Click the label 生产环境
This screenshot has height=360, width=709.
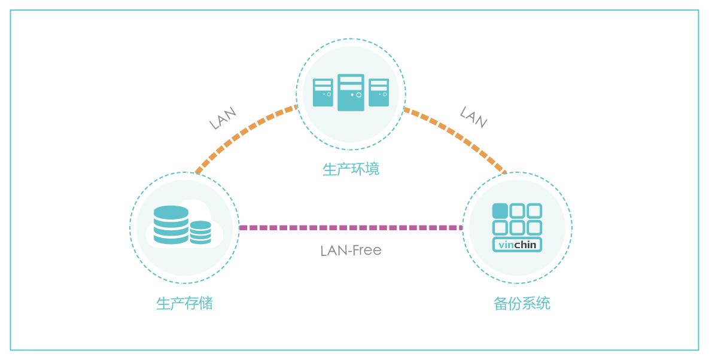pyautogui.click(x=351, y=169)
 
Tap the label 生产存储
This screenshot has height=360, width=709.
pyautogui.click(x=184, y=304)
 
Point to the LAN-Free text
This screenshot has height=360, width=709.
pyautogui.click(x=351, y=250)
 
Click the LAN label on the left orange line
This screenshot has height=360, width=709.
pyautogui.click(x=223, y=118)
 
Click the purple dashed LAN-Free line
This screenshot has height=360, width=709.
pyautogui.click(x=351, y=228)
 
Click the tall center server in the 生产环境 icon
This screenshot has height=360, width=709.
pyautogui.click(x=351, y=92)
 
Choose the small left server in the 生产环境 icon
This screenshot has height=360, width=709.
pyautogui.click(x=323, y=93)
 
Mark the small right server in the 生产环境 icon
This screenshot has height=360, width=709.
pyautogui.click(x=379, y=93)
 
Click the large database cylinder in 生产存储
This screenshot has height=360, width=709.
pyautogui.click(x=171, y=225)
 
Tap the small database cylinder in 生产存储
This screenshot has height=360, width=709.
pyautogui.click(x=200, y=232)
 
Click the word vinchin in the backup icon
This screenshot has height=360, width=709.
pyautogui.click(x=517, y=244)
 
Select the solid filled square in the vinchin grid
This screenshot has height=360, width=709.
pyautogui.click(x=500, y=211)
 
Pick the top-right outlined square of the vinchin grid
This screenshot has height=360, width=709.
pyautogui.click(x=534, y=211)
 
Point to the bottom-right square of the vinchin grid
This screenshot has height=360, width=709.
pyautogui.click(x=534, y=228)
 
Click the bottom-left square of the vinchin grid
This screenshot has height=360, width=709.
pyautogui.click(x=500, y=228)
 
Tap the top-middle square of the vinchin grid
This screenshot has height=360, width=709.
pyautogui.click(x=517, y=211)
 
